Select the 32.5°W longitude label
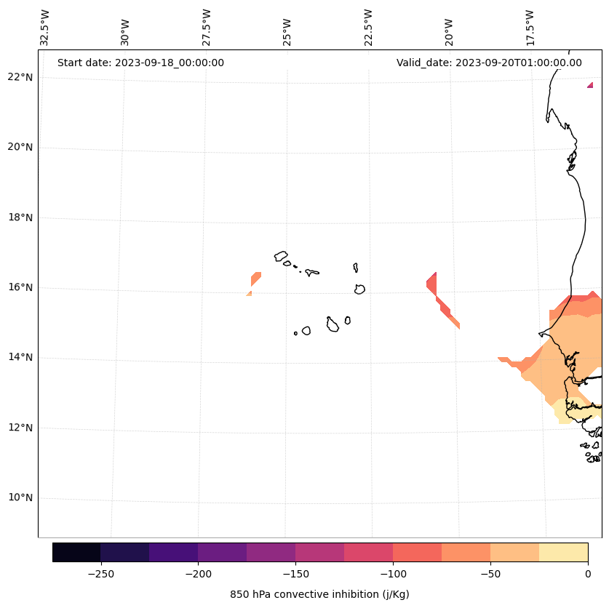[x=45, y=27]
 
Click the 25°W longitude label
[x=287, y=31]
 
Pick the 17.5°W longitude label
[x=530, y=27]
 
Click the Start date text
[x=140, y=63]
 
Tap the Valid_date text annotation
[x=489, y=63]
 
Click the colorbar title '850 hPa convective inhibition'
[x=319, y=594]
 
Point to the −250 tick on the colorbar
[x=100, y=574]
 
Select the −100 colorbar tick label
[x=393, y=574]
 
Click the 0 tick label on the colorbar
[x=587, y=574]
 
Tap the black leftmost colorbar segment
[x=76, y=552]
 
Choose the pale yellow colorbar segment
[x=563, y=552]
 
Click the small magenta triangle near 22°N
[x=591, y=85]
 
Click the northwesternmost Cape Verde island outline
[x=281, y=256]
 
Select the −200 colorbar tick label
[x=198, y=574]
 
